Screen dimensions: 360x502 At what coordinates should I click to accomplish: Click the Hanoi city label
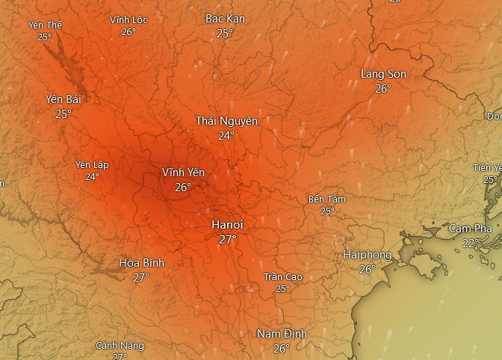click(227, 224)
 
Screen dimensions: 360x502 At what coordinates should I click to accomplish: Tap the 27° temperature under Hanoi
click(227, 239)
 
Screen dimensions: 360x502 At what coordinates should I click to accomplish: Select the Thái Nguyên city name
click(226, 121)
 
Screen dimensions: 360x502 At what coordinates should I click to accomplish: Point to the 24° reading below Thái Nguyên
click(226, 135)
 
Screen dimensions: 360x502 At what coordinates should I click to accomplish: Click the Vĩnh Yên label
click(183, 173)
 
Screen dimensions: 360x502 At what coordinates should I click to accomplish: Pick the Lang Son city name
click(383, 74)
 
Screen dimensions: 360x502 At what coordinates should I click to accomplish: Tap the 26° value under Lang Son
click(383, 88)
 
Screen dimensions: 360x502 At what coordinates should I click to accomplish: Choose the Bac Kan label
click(225, 19)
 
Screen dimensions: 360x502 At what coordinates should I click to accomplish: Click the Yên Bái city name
click(63, 99)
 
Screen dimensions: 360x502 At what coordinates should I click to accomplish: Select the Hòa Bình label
click(141, 263)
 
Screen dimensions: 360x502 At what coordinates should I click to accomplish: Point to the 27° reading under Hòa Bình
click(141, 277)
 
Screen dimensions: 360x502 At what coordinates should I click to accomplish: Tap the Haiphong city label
click(367, 255)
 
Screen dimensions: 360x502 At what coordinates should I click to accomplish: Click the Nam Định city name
click(281, 334)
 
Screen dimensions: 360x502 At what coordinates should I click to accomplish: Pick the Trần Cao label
click(282, 277)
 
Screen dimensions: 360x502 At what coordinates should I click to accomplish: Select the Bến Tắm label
click(327, 199)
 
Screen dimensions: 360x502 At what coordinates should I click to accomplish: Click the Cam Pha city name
click(470, 229)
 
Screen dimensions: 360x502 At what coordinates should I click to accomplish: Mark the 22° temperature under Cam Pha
click(471, 243)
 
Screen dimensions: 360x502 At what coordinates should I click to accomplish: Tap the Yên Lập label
click(92, 165)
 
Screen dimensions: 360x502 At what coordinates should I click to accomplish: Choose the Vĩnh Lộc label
click(128, 20)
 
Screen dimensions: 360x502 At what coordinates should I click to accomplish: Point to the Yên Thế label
click(45, 25)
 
